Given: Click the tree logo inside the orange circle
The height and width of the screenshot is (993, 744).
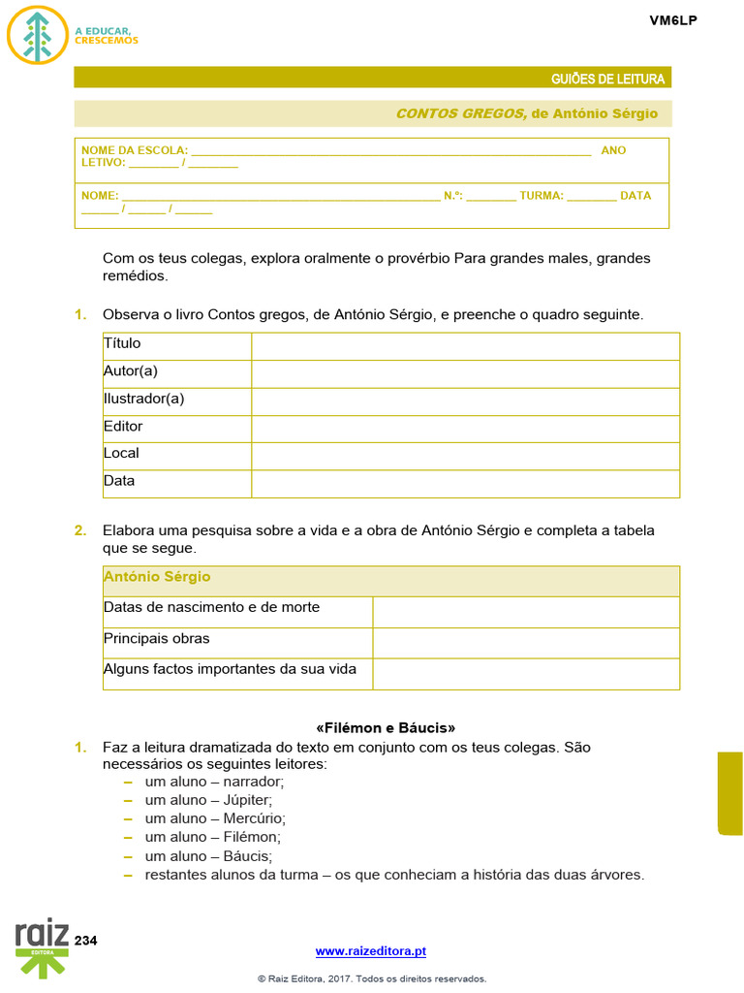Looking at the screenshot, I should pos(37,35).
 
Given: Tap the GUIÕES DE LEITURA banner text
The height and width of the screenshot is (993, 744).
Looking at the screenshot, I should pos(607,79).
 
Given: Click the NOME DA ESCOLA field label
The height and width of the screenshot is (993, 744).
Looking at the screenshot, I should pos(135,150).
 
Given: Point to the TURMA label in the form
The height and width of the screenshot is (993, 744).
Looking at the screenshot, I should pos(541,195).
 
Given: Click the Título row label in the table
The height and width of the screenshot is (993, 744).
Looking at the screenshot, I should pos(122,343).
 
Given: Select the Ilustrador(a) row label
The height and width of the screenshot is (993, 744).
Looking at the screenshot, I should pos(143,399).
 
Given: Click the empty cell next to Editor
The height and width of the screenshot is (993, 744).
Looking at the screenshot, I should pos(465,427).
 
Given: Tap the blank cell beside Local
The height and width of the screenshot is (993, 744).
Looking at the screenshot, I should pos(465,454).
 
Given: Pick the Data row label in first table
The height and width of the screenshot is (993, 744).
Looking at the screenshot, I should pos(119,481).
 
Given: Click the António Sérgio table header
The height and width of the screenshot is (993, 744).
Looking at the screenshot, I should pos(157,577).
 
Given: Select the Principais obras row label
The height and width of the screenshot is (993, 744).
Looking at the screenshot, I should pos(156,639).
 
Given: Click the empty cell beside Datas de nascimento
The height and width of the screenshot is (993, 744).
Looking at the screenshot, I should pos(525,611).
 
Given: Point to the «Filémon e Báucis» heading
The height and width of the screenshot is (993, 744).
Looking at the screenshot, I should pos(386,727).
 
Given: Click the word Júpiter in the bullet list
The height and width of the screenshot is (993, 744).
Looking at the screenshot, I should pos(247,800).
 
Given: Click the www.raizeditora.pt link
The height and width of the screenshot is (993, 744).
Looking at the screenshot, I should pos(371,952).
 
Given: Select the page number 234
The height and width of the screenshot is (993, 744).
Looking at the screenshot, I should pos(86,941).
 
